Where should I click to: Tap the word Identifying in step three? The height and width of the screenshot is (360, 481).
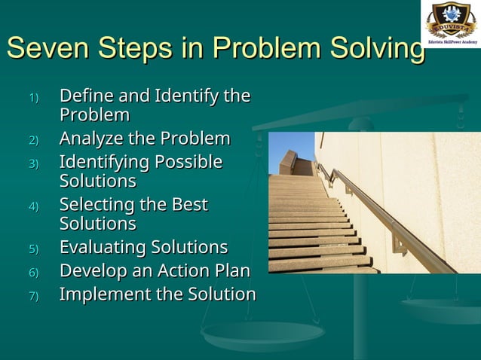105,163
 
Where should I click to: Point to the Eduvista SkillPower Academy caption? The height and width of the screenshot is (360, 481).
451,43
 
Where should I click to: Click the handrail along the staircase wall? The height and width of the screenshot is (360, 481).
384,218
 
